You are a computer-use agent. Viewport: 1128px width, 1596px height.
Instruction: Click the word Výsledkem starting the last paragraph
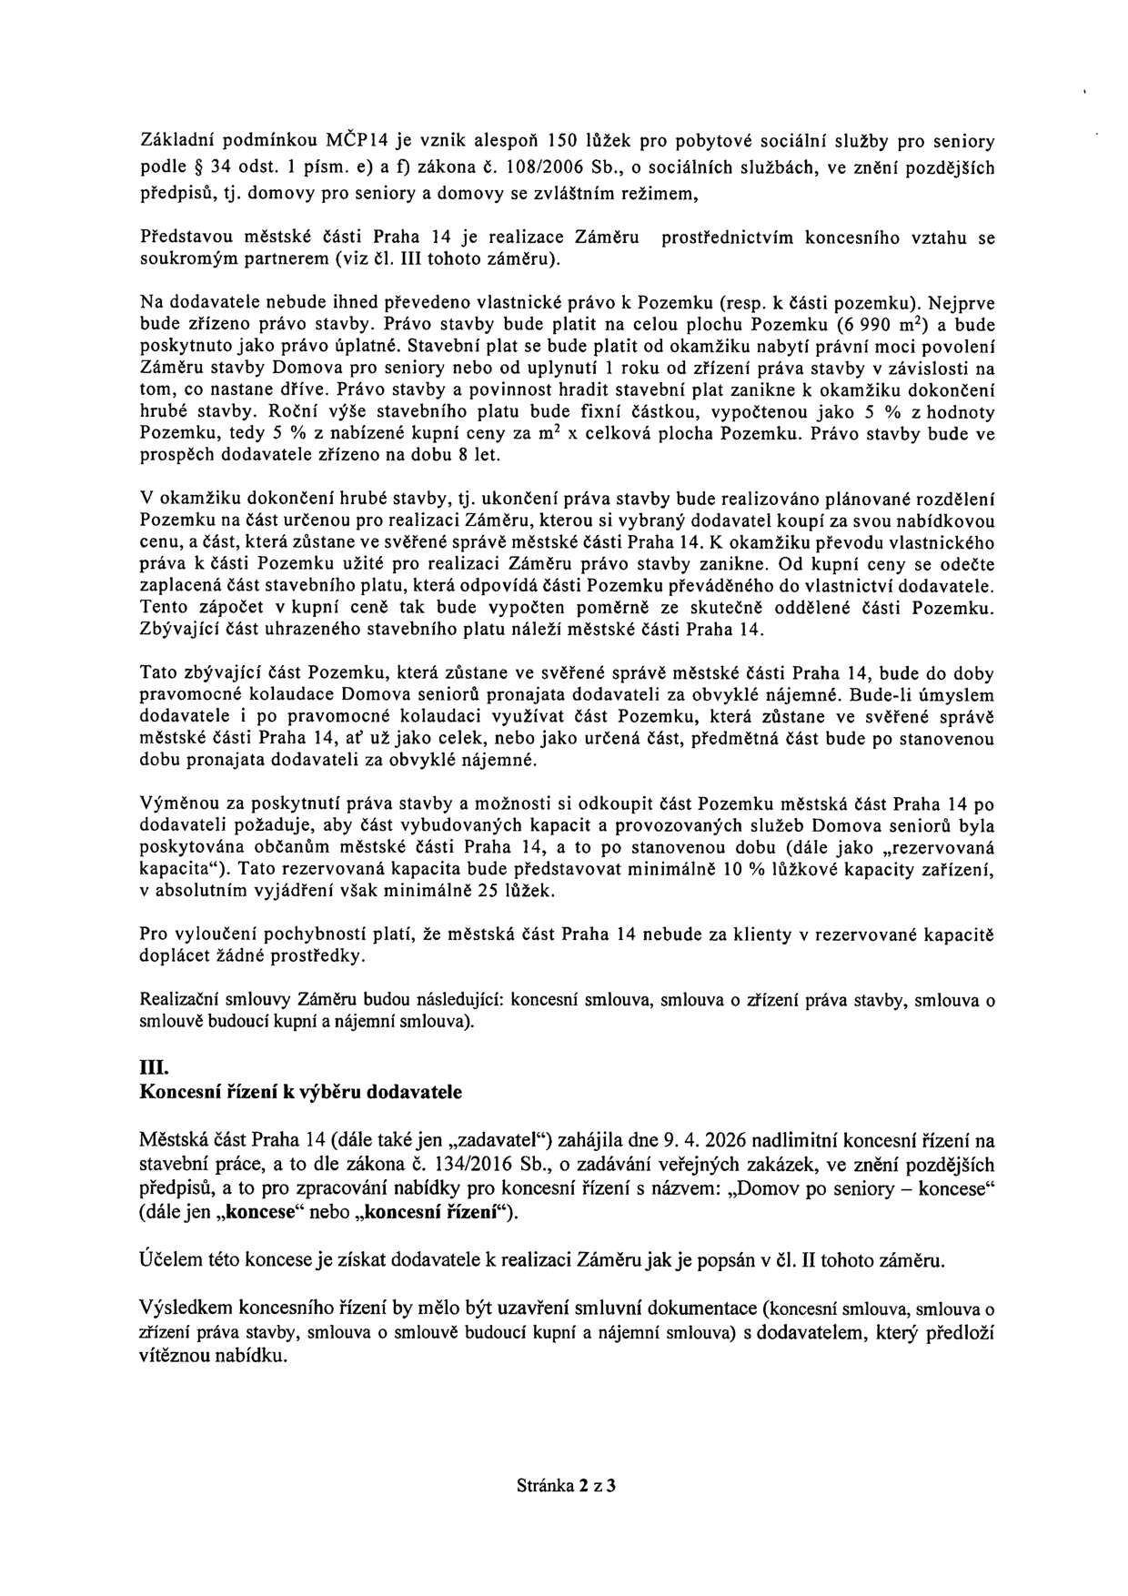click(185, 1308)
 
